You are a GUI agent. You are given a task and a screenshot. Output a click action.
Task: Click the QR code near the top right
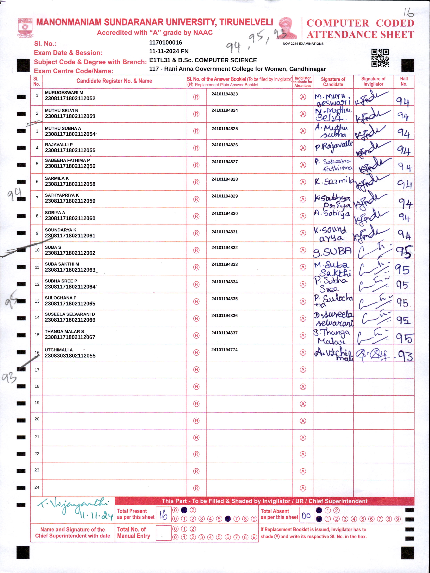(380, 58)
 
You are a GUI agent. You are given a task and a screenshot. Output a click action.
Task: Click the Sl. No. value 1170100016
(166, 42)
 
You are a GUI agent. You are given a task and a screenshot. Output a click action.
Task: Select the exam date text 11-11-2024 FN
(169, 51)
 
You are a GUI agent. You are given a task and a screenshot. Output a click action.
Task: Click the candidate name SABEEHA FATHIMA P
(67, 160)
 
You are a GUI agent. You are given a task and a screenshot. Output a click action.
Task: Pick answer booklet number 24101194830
(224, 213)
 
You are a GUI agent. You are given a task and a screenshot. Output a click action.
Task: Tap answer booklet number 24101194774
(224, 350)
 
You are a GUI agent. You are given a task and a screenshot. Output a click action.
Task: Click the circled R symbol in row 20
(196, 421)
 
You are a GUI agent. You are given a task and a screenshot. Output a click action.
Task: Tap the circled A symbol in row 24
(303, 488)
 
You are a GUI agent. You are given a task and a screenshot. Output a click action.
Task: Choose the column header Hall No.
(404, 81)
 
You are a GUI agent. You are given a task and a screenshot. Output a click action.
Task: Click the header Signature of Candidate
(333, 82)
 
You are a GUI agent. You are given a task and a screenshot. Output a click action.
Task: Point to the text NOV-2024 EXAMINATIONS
(303, 44)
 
